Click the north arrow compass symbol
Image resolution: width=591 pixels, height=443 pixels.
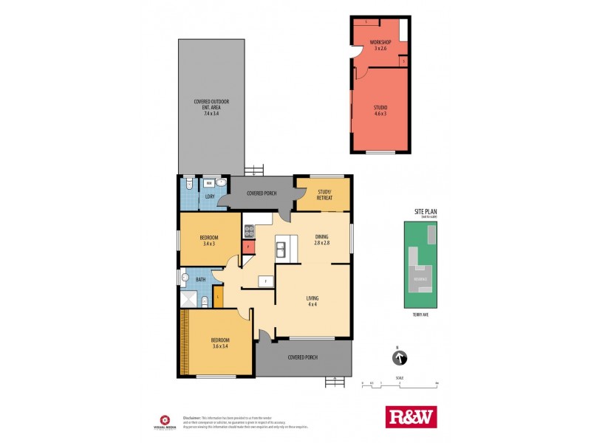coord(399,358)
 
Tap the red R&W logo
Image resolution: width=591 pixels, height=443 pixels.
coord(411,417)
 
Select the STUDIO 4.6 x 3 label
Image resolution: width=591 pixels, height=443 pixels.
coord(380,111)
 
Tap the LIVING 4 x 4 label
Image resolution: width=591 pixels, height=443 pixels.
coord(312,301)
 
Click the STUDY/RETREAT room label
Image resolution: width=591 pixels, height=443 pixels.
coord(323,195)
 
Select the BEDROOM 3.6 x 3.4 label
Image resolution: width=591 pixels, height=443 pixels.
coord(211,343)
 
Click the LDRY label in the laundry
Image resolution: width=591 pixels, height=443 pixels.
coord(209,196)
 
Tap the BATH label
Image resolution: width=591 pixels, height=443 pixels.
coord(200,280)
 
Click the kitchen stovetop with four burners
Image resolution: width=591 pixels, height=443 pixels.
coord(249,228)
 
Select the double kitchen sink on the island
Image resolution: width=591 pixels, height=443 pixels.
coord(281,250)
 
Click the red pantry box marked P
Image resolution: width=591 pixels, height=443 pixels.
coord(249,247)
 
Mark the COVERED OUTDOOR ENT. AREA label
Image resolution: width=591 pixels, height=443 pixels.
coord(211,107)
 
